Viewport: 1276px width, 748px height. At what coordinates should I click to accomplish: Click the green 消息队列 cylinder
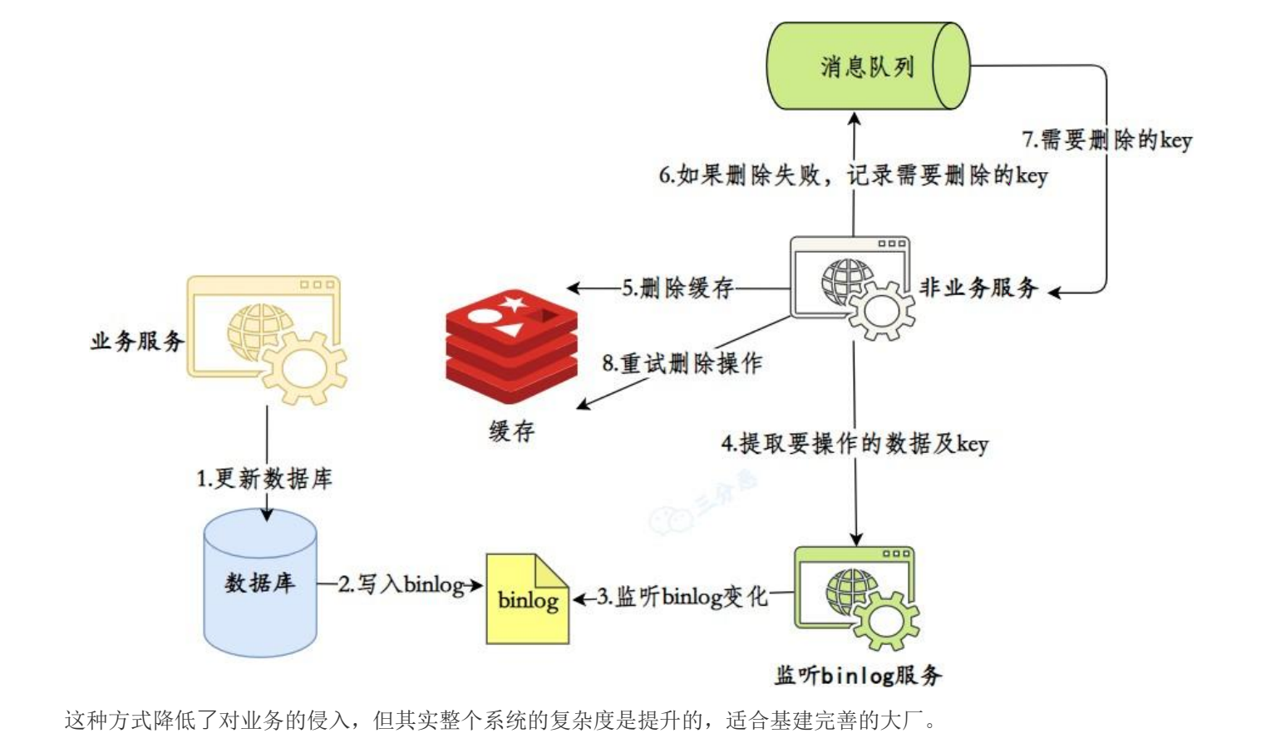point(867,66)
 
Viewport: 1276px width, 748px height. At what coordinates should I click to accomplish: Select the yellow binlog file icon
point(527,598)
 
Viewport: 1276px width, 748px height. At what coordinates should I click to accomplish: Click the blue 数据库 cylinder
point(260,583)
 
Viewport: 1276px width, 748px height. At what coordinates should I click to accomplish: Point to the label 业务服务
point(137,341)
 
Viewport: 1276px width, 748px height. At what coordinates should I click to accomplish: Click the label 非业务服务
point(978,288)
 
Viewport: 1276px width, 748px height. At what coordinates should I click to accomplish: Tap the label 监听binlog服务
point(858,675)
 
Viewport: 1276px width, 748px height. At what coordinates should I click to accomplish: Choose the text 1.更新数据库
point(264,479)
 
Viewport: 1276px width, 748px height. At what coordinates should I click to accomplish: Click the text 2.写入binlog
point(401,584)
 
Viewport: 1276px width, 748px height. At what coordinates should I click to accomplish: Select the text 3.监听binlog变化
point(682,596)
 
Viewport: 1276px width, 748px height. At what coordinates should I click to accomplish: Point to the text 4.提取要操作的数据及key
point(855,443)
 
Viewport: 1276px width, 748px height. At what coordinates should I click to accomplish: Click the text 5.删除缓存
point(677,288)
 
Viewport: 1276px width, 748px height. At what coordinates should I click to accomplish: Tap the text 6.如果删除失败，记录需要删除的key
point(853,175)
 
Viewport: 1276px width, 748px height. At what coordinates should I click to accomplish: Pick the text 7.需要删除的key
point(1106,140)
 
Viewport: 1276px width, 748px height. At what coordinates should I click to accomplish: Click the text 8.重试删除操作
point(682,363)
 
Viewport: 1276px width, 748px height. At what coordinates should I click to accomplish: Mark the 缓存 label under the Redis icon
point(511,431)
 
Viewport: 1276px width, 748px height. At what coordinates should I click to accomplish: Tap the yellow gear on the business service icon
point(303,366)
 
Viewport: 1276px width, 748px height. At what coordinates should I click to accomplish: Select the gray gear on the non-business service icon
point(880,310)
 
